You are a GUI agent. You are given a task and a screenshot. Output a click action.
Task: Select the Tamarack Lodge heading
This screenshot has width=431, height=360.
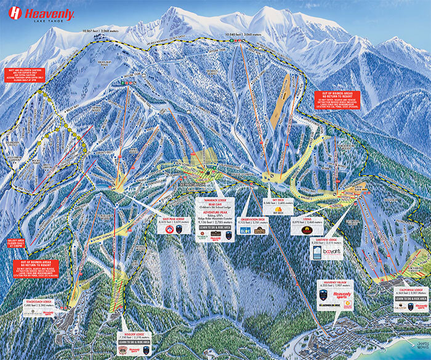[215, 201]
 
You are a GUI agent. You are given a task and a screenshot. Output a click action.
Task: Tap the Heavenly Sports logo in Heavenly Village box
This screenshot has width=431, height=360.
[342, 296]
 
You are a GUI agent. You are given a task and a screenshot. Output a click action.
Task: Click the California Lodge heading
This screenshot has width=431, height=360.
[409, 289]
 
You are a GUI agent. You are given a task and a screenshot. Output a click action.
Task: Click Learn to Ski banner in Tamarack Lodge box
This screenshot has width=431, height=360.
[215, 227]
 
